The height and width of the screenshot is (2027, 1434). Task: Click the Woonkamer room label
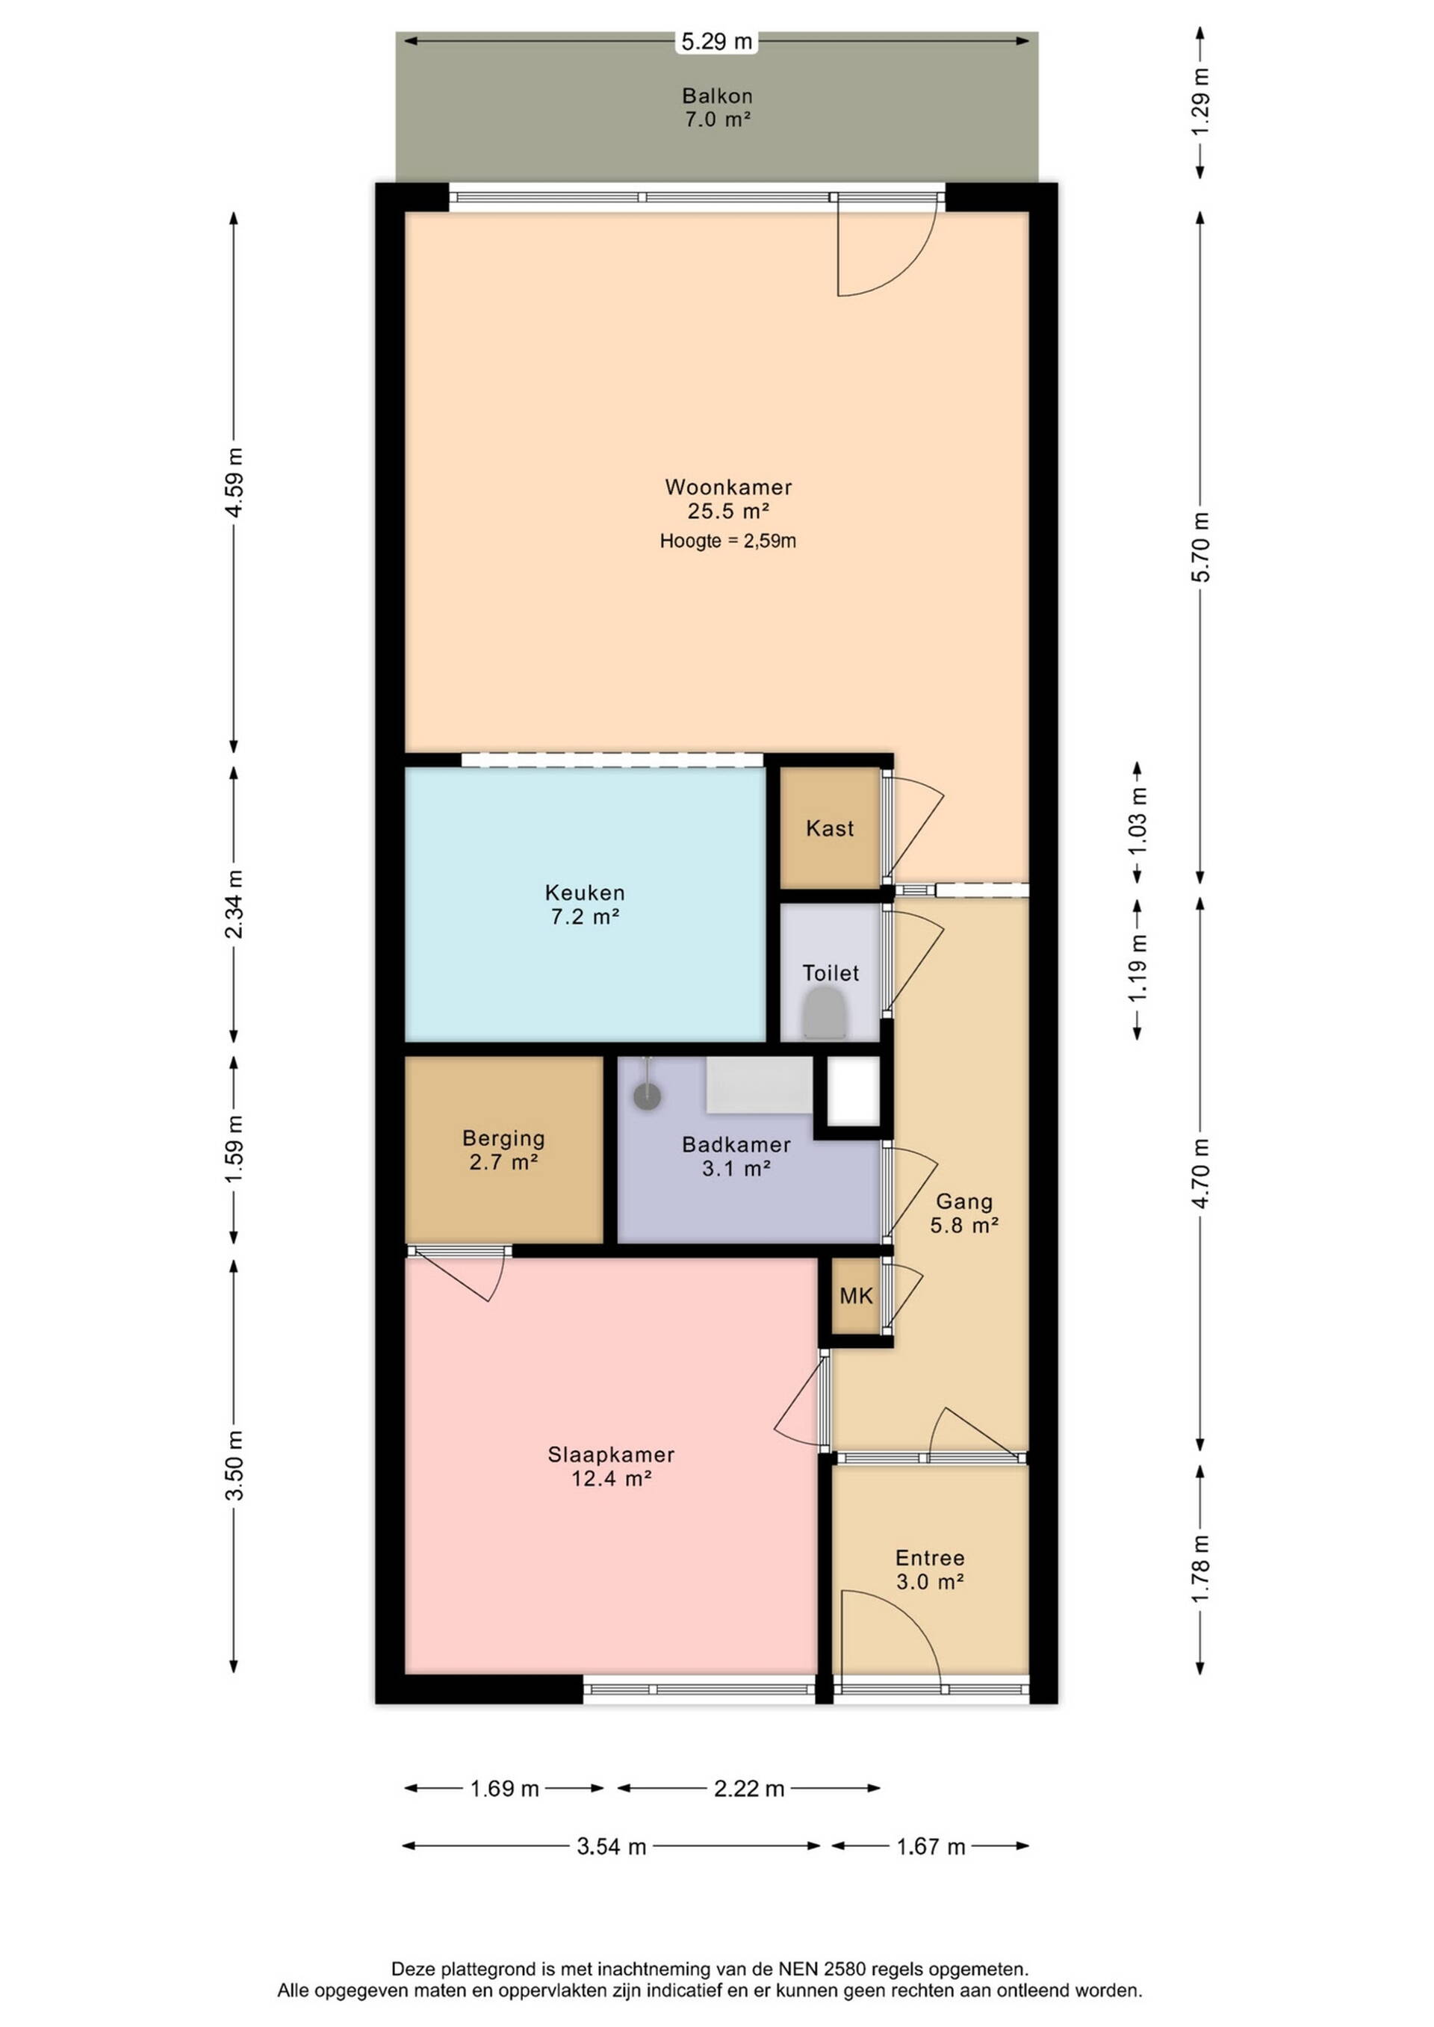pyautogui.click(x=727, y=486)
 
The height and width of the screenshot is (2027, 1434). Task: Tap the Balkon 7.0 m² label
pyautogui.click(x=717, y=107)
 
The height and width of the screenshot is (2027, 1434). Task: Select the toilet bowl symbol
pyautogui.click(x=825, y=1012)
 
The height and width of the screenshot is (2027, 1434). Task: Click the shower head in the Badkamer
pyautogui.click(x=648, y=1095)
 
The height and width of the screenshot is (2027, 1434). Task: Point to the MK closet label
pyautogui.click(x=856, y=1295)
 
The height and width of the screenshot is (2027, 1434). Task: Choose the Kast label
pyautogui.click(x=830, y=828)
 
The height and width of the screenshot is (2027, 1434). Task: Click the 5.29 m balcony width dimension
pyautogui.click(x=716, y=40)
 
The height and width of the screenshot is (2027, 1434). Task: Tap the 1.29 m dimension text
pyautogui.click(x=1201, y=102)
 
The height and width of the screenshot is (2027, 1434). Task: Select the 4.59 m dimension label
pyautogui.click(x=234, y=484)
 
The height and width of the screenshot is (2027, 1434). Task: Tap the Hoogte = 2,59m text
pyautogui.click(x=727, y=540)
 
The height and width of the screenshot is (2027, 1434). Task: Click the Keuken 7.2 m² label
pyautogui.click(x=585, y=904)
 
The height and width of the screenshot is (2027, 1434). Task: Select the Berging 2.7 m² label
pyautogui.click(x=503, y=1149)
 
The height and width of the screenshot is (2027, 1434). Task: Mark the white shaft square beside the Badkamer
pyautogui.click(x=853, y=1091)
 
